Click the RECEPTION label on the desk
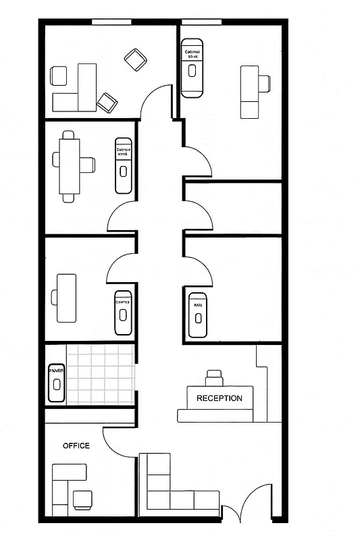click(x=219, y=398)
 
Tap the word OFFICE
click(x=76, y=446)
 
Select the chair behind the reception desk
click(x=214, y=377)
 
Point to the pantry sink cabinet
click(x=55, y=383)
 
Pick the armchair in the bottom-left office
click(x=82, y=499)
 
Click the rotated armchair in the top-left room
click(x=136, y=60)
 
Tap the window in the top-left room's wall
click(x=111, y=22)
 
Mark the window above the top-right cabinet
click(x=201, y=22)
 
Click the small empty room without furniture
click(x=232, y=208)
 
